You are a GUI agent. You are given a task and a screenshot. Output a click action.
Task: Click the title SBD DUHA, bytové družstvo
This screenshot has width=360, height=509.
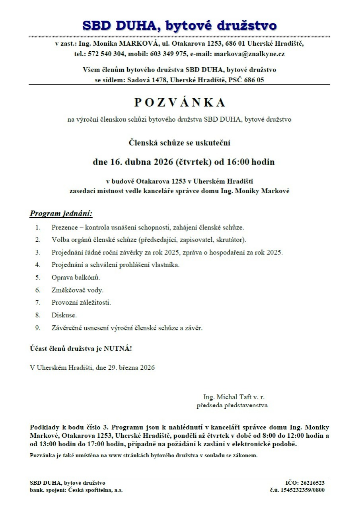tap(179, 25)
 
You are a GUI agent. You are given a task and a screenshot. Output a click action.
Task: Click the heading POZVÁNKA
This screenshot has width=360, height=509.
tap(179, 103)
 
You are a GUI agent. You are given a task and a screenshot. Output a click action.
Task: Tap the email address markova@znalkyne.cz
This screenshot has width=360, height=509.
tap(249, 54)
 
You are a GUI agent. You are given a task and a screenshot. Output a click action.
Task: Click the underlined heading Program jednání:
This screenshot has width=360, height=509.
tap(61, 214)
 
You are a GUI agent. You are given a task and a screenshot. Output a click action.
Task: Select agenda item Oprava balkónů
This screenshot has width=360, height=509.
tap(76, 277)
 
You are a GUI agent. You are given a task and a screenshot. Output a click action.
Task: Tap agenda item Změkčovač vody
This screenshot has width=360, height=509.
tap(77, 290)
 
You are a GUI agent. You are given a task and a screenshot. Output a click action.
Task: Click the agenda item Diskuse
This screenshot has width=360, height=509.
tap(64, 315)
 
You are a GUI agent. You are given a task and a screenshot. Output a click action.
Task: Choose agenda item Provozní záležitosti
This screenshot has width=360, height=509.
tap(81, 303)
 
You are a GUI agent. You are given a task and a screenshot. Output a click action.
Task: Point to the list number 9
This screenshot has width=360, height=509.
tap(38, 328)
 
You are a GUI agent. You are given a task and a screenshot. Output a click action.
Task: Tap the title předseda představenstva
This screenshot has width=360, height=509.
tap(232, 406)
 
